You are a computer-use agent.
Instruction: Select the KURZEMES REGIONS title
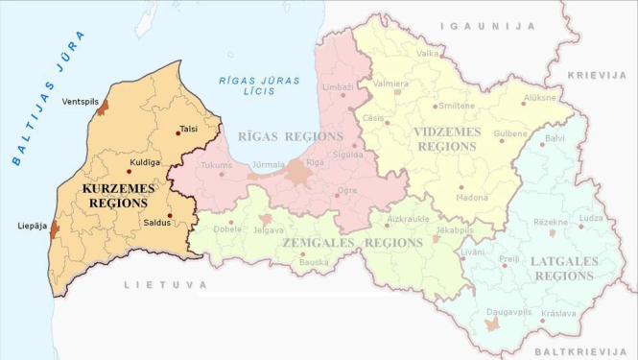115,196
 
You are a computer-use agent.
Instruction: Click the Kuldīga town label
143,162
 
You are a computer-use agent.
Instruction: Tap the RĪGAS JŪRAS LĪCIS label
245,85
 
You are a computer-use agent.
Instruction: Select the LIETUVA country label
164,285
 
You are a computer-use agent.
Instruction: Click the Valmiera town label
390,83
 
